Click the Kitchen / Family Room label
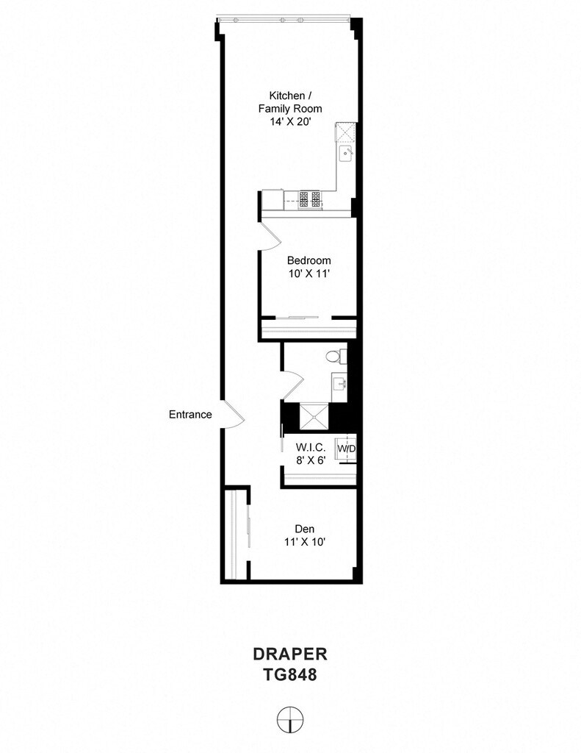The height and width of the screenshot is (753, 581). pyautogui.click(x=290, y=101)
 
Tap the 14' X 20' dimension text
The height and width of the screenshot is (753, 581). pyautogui.click(x=291, y=122)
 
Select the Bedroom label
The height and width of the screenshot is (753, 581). pyautogui.click(x=309, y=260)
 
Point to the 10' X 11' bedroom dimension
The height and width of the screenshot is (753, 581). pyautogui.click(x=309, y=274)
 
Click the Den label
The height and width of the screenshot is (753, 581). pyautogui.click(x=305, y=529)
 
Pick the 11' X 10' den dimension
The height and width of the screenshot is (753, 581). pyautogui.click(x=305, y=542)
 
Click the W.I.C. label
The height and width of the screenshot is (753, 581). pyautogui.click(x=311, y=447)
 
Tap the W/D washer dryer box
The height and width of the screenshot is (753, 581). pyautogui.click(x=347, y=449)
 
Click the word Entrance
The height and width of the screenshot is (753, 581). pyautogui.click(x=190, y=415)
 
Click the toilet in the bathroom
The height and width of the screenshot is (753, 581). pyautogui.click(x=336, y=356)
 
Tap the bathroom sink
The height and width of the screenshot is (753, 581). pyautogui.click(x=340, y=383)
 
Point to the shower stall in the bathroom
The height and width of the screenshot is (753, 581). pyautogui.click(x=314, y=417)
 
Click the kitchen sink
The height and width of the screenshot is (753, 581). pyautogui.click(x=347, y=154)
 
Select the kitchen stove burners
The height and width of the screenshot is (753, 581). pyautogui.click(x=310, y=199)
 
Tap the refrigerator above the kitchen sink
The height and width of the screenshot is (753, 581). pyautogui.click(x=345, y=134)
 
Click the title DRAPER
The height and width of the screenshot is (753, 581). pyautogui.click(x=290, y=654)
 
